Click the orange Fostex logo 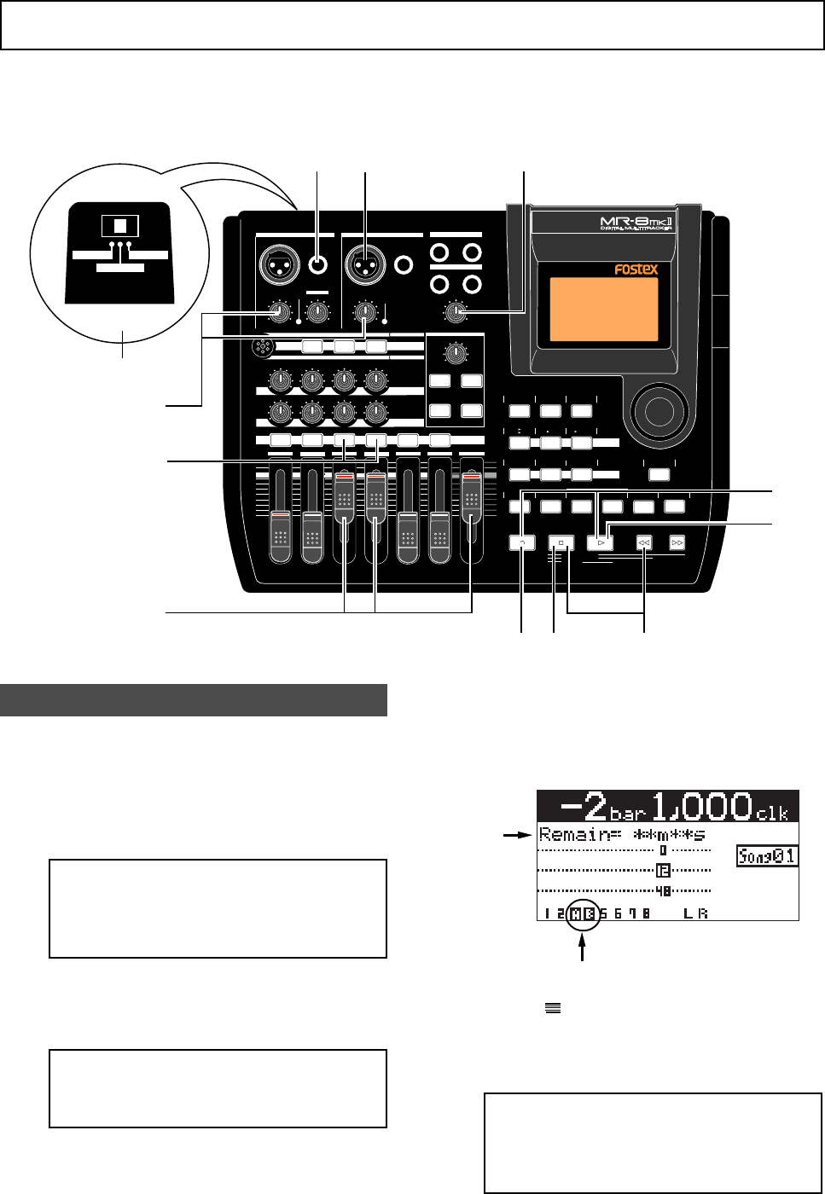pos(636,270)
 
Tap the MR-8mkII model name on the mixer pos(636,223)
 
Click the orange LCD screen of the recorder pos(604,310)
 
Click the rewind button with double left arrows pos(644,542)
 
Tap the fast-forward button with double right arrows pos(677,542)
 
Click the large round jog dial pos(659,411)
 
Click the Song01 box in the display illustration pos(767,855)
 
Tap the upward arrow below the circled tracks pos(584,948)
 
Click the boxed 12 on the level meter pos(663,871)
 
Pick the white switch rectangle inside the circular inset pos(119,226)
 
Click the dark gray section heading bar pos(194,700)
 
